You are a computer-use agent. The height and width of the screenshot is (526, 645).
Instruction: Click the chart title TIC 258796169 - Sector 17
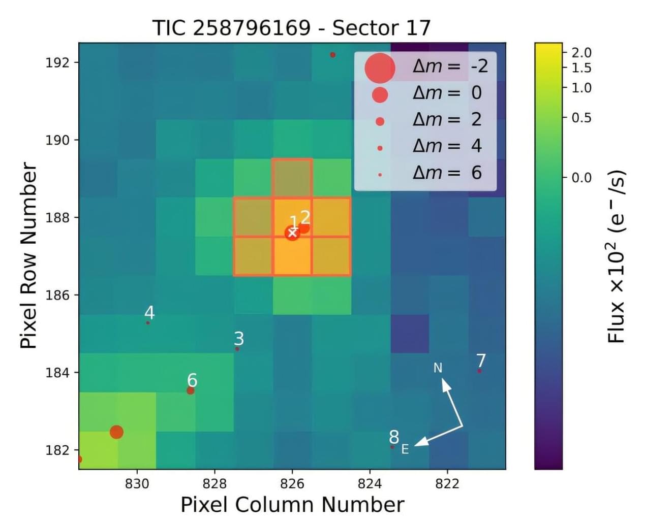(291, 28)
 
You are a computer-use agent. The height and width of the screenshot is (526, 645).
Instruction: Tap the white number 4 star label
(149, 312)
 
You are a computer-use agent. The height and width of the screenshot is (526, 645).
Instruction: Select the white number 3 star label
(239, 338)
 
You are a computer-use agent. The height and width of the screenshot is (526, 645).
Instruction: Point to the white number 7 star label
(481, 360)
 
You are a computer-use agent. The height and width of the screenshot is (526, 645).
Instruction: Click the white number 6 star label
(192, 380)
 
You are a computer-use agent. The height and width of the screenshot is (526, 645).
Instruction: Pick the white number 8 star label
(394, 437)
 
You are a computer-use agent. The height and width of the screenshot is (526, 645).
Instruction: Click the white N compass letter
(438, 368)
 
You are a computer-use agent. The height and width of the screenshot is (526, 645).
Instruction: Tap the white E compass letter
(405, 449)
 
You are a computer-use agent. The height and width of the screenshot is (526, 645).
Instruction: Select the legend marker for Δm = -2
(380, 68)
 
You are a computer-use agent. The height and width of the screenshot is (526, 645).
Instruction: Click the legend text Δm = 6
(447, 173)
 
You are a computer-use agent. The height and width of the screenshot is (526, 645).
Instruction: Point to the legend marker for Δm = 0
(380, 94)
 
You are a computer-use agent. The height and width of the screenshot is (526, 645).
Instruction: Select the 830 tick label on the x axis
(137, 483)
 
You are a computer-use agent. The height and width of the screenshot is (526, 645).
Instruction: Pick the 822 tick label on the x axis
(447, 483)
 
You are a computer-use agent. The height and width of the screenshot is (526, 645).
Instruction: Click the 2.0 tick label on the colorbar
(581, 52)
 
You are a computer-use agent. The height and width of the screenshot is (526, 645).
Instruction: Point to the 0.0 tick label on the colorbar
(581, 178)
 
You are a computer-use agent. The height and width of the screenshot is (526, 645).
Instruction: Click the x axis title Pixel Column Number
(292, 505)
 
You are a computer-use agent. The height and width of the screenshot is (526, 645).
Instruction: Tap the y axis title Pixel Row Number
(28, 255)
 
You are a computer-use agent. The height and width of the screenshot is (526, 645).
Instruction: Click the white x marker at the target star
(292, 233)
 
